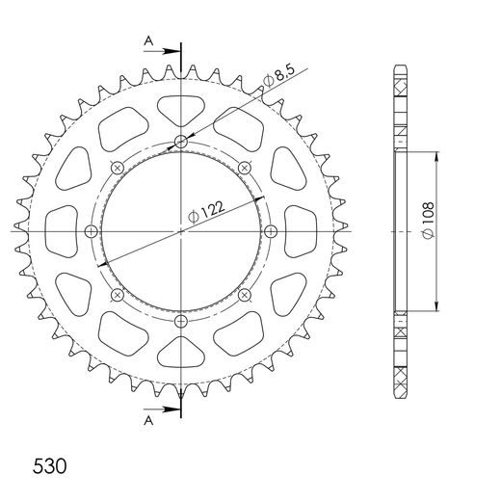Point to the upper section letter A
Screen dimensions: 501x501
tap(148, 40)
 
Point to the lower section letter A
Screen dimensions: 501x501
tap(148, 420)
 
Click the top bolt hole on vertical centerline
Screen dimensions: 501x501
tap(181, 143)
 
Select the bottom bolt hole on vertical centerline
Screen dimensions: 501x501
tap(181, 321)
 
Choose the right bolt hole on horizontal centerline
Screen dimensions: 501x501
tap(270, 231)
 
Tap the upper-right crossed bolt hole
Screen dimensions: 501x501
tap(244, 169)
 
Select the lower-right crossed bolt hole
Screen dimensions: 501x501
tap(244, 294)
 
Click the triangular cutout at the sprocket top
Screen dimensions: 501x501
tap(181, 107)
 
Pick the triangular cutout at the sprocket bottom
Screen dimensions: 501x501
tap(181, 356)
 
